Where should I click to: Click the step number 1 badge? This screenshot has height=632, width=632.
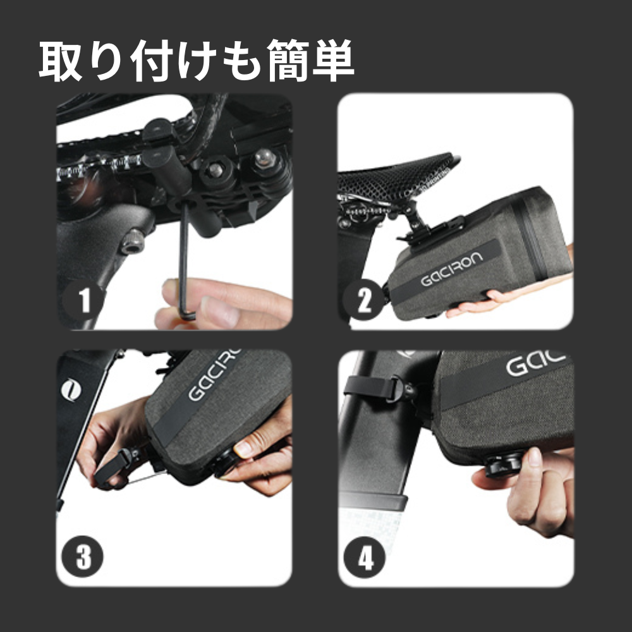point(83,300)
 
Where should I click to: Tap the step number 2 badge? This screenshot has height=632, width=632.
point(364,300)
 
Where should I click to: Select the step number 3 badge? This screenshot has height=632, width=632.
point(82,557)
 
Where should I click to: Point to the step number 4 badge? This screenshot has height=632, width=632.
point(365,558)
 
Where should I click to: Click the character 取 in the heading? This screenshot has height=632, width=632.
point(61,61)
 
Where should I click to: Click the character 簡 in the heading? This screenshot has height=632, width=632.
point(288,61)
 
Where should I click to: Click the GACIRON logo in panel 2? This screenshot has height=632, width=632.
point(451,269)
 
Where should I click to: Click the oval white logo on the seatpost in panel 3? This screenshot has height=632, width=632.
point(71,390)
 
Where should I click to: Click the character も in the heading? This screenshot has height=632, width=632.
point(242,61)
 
